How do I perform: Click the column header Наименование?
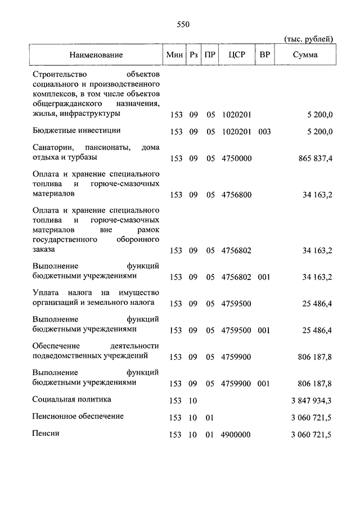[96, 55]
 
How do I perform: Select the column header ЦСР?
[236, 55]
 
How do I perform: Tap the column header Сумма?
[305, 55]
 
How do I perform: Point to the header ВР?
[264, 55]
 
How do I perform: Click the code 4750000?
[236, 159]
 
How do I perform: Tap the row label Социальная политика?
[71, 399]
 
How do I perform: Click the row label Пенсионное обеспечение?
[78, 417]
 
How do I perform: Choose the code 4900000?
[236, 434]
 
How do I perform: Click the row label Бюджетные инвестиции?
[76, 130]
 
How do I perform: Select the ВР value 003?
[264, 132]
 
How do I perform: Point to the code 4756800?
[236, 195]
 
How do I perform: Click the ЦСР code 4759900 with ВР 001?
[236, 384]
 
